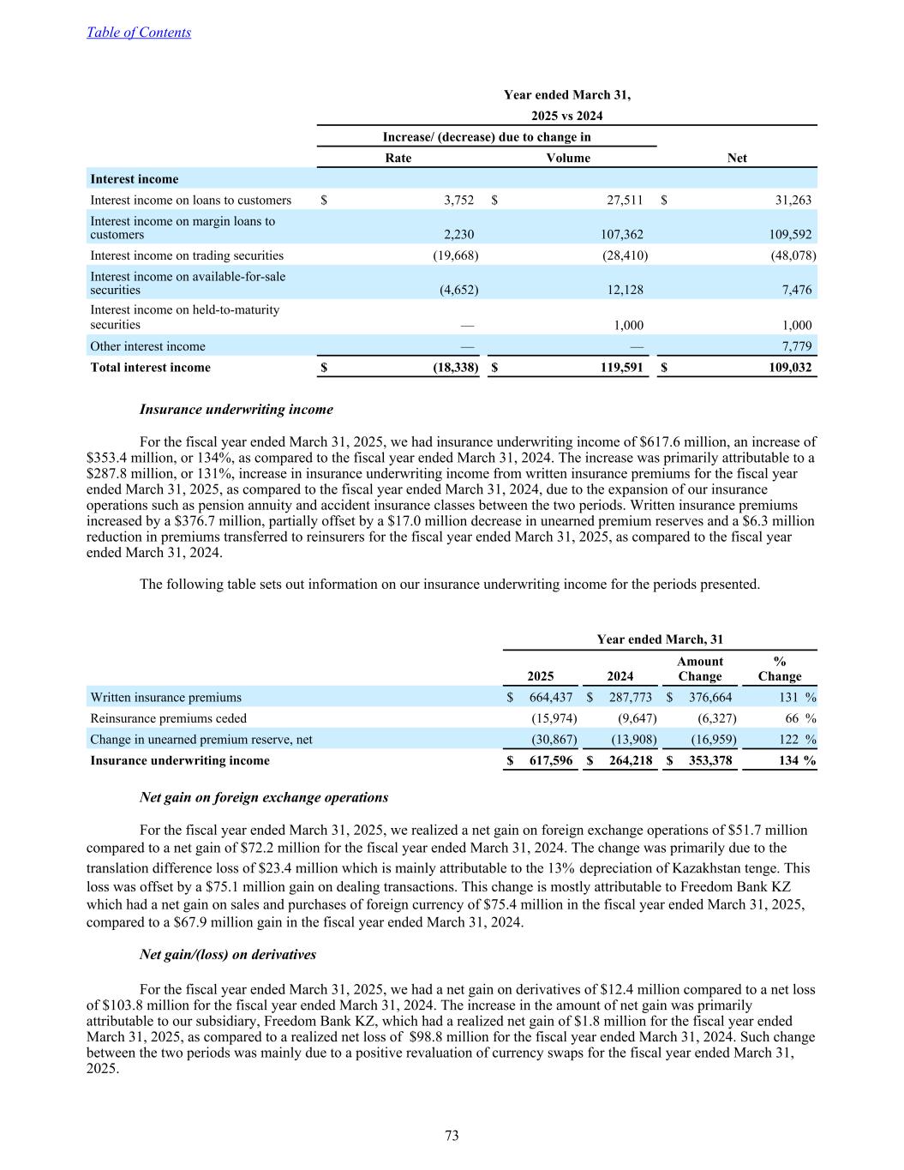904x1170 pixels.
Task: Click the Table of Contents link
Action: (x=139, y=33)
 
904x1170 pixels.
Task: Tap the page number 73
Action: (x=452, y=1136)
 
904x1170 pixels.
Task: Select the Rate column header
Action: (x=398, y=158)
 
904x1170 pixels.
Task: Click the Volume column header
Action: (x=568, y=158)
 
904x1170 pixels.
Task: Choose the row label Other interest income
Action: (x=147, y=347)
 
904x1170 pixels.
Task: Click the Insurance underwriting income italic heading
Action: (x=236, y=410)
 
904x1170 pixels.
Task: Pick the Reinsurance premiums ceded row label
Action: (x=168, y=719)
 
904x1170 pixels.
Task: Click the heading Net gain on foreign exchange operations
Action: (x=263, y=798)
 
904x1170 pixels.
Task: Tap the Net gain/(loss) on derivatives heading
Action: (x=227, y=955)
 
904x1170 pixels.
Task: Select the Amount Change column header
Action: (x=699, y=669)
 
